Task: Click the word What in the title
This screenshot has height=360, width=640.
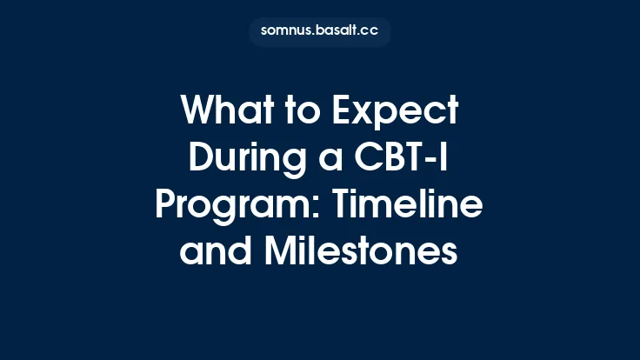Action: pos(224,113)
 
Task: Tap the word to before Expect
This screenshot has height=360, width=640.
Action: pos(300,113)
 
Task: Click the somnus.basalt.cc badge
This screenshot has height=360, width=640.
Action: pos(319,31)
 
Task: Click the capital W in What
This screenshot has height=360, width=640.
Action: pos(197,113)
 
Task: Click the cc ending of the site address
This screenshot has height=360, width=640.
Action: pos(369,31)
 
